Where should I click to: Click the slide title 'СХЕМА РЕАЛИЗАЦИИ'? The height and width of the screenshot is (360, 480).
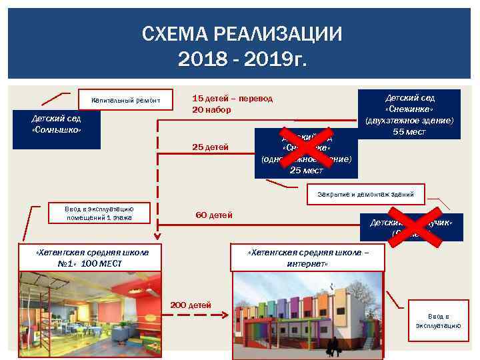[241, 34]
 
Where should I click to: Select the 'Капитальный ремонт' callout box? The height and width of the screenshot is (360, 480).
[126, 101]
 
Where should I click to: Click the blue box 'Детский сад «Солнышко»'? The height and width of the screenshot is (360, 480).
[56, 124]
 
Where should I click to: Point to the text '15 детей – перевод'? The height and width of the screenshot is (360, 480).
[232, 98]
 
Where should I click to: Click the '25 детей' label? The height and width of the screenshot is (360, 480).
[210, 147]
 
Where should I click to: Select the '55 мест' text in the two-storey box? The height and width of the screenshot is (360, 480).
[409, 132]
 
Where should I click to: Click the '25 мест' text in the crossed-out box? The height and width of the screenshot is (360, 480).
[306, 170]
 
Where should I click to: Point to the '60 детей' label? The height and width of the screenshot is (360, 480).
[213, 215]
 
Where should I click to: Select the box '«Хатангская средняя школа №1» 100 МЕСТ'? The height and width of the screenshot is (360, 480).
[92, 257]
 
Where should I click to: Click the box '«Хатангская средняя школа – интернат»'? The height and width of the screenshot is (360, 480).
[307, 259]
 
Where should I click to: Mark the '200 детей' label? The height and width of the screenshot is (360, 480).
[191, 305]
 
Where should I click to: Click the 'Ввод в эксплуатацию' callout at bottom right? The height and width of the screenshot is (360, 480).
[438, 321]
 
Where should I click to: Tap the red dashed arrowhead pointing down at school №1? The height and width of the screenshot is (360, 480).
[158, 235]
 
